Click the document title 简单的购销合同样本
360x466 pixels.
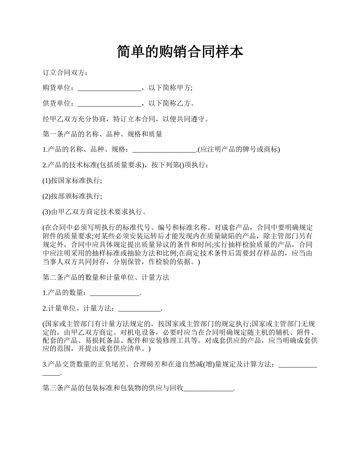[x=180, y=52]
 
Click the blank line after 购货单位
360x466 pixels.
[x=109, y=88]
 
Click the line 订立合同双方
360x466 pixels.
[x=65, y=72]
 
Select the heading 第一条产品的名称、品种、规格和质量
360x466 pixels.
[x=102, y=134]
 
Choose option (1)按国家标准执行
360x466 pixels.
[x=72, y=181]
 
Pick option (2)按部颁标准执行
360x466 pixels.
[x=72, y=196]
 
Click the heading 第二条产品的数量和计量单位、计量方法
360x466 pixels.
[x=106, y=278]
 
